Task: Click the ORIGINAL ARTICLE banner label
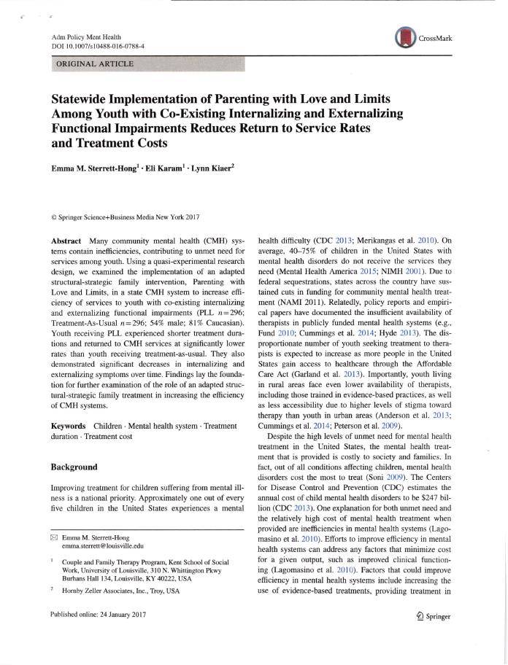click(x=95, y=64)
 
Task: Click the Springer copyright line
click(x=125, y=217)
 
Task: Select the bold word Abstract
click(x=66, y=241)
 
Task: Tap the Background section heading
click(x=74, y=466)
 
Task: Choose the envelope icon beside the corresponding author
click(x=54, y=536)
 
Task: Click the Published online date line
click(x=99, y=615)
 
